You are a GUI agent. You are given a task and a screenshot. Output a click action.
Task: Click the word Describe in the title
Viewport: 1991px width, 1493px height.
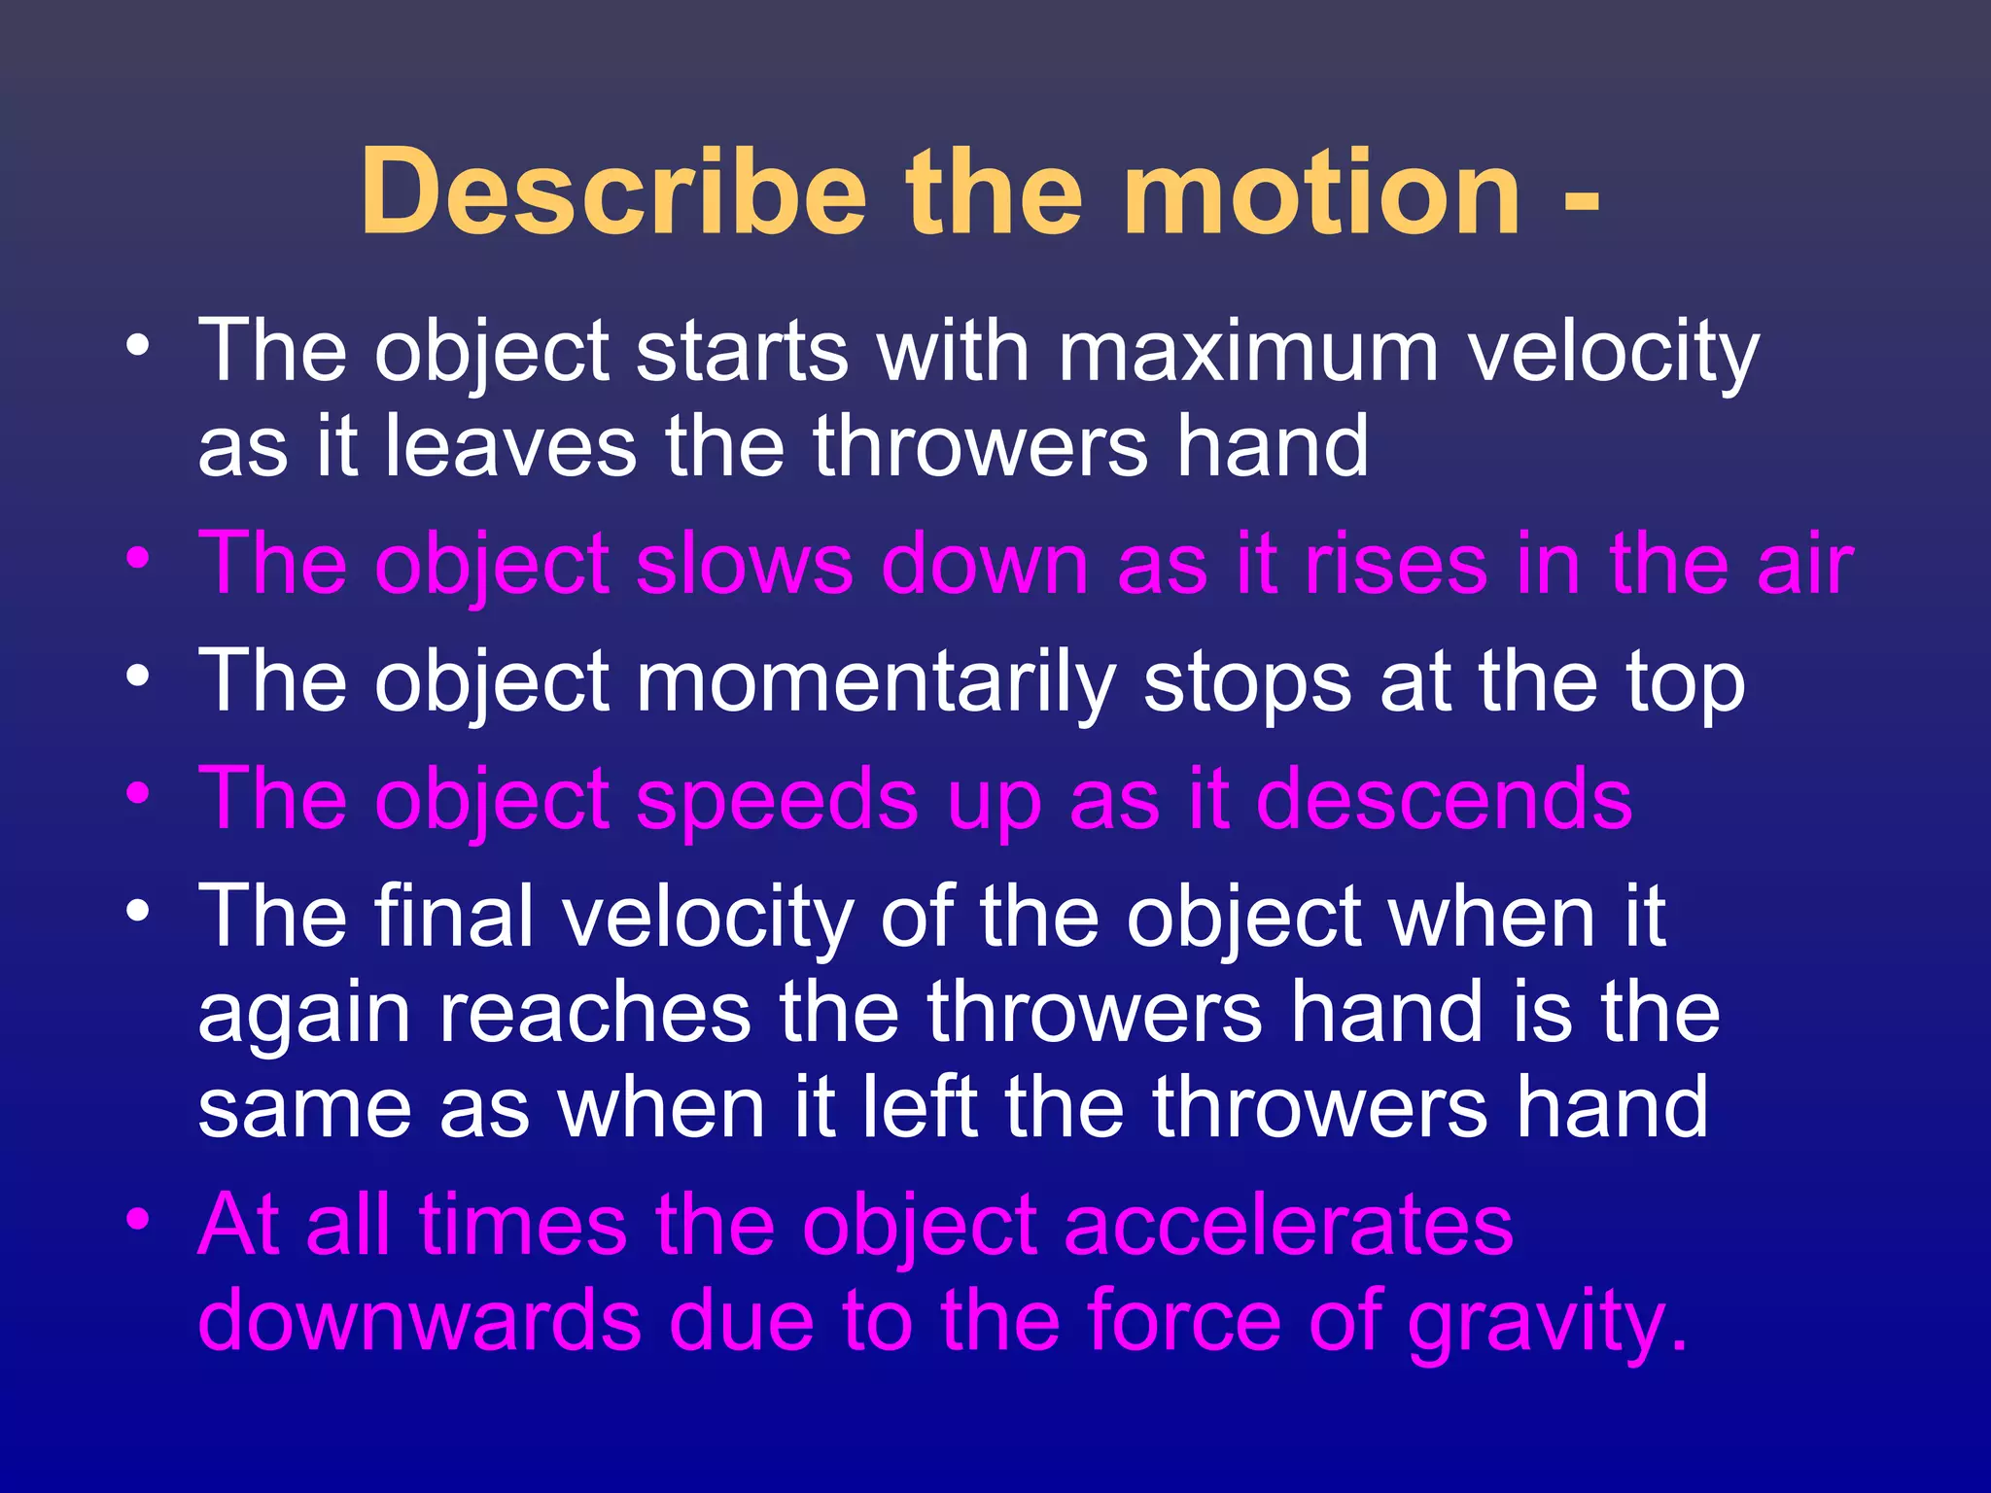(612, 191)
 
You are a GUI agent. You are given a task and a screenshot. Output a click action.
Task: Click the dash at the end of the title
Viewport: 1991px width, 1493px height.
(1582, 199)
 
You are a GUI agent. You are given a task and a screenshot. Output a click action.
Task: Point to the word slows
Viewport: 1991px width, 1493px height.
(744, 565)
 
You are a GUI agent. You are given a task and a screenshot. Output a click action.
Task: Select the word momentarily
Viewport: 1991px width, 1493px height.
(875, 683)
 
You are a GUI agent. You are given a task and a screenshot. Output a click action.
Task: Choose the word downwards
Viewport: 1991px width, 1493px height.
(419, 1321)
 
